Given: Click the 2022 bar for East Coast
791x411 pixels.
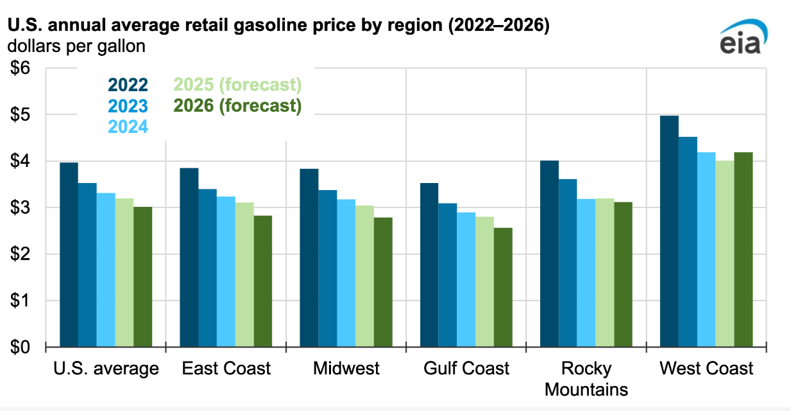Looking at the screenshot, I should click(x=189, y=258).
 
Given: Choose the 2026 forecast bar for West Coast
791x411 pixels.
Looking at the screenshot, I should click(x=743, y=250).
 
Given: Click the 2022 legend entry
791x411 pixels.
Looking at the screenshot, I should click(x=128, y=85).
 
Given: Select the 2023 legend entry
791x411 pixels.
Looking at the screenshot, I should click(x=128, y=105).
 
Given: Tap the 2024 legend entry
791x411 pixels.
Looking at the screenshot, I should click(x=128, y=127).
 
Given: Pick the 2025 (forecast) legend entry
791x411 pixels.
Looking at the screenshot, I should click(x=237, y=85).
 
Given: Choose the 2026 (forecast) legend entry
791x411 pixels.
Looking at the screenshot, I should click(x=237, y=105).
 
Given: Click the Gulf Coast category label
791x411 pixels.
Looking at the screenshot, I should click(x=466, y=369).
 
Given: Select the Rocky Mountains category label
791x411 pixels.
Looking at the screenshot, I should click(x=586, y=379).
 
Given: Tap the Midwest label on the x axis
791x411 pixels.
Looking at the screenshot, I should click(x=346, y=369).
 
